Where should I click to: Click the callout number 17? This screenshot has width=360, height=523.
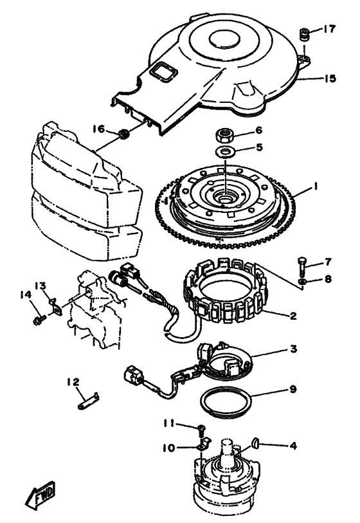click(x=328, y=30)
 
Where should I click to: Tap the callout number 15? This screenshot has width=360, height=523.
click(x=329, y=78)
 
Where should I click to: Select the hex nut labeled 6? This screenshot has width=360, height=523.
click(x=224, y=134)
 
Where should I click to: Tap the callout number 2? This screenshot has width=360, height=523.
click(x=293, y=315)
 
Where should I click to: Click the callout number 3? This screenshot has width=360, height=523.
click(x=293, y=349)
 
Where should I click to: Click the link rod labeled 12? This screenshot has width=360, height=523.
click(x=89, y=401)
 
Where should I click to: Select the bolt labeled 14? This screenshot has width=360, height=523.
click(x=39, y=320)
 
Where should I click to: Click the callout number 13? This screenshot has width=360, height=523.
click(x=40, y=286)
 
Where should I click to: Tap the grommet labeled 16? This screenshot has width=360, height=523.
click(x=125, y=134)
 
